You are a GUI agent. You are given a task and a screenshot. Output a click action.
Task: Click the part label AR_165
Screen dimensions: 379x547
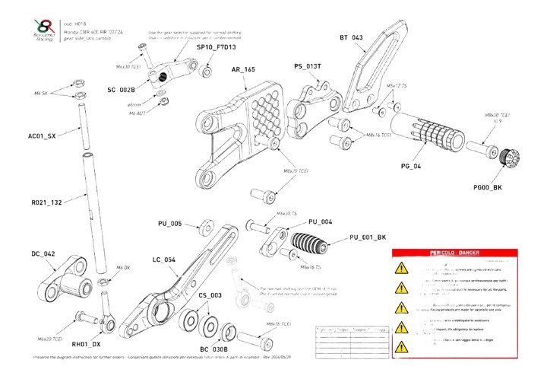pos(243,70)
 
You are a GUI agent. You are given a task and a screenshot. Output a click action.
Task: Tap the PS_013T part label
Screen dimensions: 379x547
pos(308,66)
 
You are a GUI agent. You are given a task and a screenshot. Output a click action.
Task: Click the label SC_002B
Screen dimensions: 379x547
pos(121,89)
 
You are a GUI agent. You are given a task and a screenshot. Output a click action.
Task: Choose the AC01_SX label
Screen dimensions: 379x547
pos(42,136)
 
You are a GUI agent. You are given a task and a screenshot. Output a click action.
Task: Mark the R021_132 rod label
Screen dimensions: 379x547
pos(46,204)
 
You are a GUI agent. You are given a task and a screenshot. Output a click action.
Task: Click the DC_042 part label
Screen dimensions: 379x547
pos(43,253)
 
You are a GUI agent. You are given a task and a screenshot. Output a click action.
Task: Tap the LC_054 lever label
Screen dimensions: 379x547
pos(163,260)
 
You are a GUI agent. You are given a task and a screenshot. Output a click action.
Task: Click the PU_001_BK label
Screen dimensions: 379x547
pos(368,237)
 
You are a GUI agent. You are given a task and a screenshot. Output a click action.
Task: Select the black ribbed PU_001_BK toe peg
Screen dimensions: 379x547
pos(310,242)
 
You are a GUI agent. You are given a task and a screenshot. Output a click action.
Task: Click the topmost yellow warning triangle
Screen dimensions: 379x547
pos(400,269)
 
